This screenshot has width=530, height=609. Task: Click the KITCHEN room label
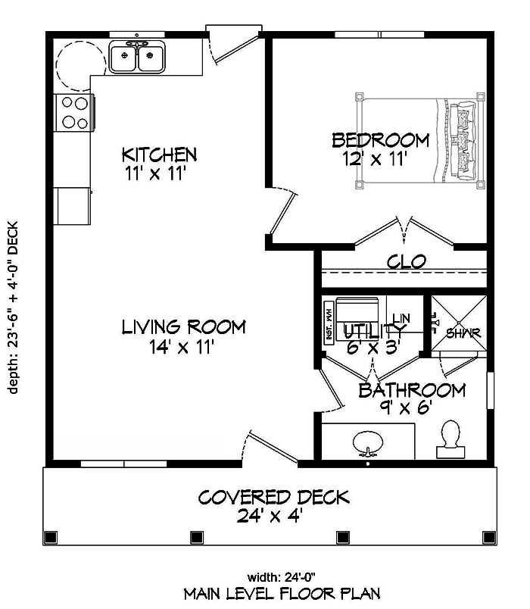(160, 155)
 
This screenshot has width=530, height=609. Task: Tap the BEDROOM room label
(381, 140)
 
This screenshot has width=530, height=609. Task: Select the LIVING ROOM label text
(184, 327)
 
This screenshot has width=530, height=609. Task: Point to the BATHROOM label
(411, 391)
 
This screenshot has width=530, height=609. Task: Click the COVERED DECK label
(273, 498)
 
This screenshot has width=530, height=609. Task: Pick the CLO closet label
(407, 262)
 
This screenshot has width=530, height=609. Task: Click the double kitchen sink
(138, 58)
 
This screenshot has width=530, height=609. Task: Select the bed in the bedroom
(419, 141)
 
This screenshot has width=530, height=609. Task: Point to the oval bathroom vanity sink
(369, 442)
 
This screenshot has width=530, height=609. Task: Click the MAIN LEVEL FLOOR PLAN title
(282, 593)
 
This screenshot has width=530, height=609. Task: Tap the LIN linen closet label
(401, 318)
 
